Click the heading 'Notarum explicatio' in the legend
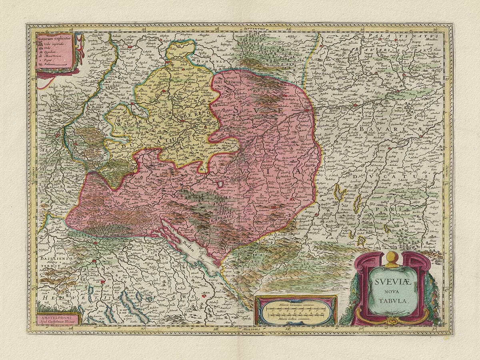[x=54, y=38]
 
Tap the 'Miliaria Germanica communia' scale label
[x=296, y=305]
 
